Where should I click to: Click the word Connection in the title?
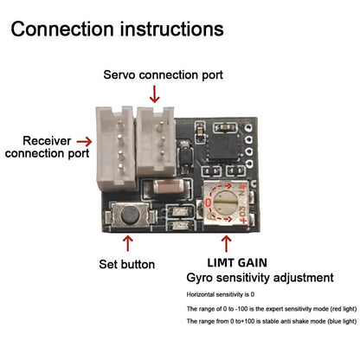point(62,29)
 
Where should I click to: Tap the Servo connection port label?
point(163,74)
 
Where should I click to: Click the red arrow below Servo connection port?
point(155,94)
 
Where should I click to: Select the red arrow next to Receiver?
point(84,141)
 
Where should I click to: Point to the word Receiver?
point(47,141)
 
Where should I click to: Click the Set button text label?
point(126,264)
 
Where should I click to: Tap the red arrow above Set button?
point(128,243)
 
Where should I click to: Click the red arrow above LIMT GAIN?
point(227,244)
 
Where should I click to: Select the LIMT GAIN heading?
point(237,263)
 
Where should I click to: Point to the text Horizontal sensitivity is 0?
point(221,294)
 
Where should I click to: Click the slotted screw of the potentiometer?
point(227,202)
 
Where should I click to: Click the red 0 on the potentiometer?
point(208,202)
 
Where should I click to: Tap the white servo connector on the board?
point(156,141)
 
